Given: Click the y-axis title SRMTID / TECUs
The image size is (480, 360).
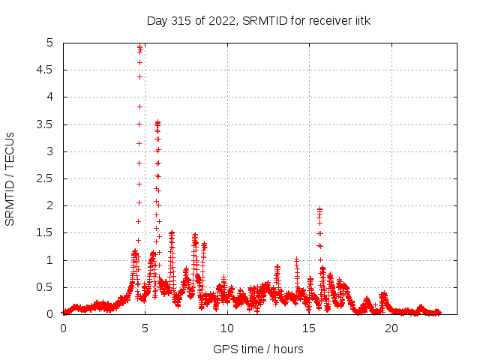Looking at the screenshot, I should pos(10,178).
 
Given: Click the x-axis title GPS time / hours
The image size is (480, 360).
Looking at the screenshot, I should pos(257,349).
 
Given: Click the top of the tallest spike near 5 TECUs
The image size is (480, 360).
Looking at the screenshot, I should pos(139,46).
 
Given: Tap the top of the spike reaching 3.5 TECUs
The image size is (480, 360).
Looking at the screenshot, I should pos(157,122).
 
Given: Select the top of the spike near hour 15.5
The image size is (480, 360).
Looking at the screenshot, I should pos(319,209).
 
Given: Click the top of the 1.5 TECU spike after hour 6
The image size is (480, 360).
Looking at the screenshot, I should pos(172,233).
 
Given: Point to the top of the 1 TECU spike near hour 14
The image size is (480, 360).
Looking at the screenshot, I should pos(297,259).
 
